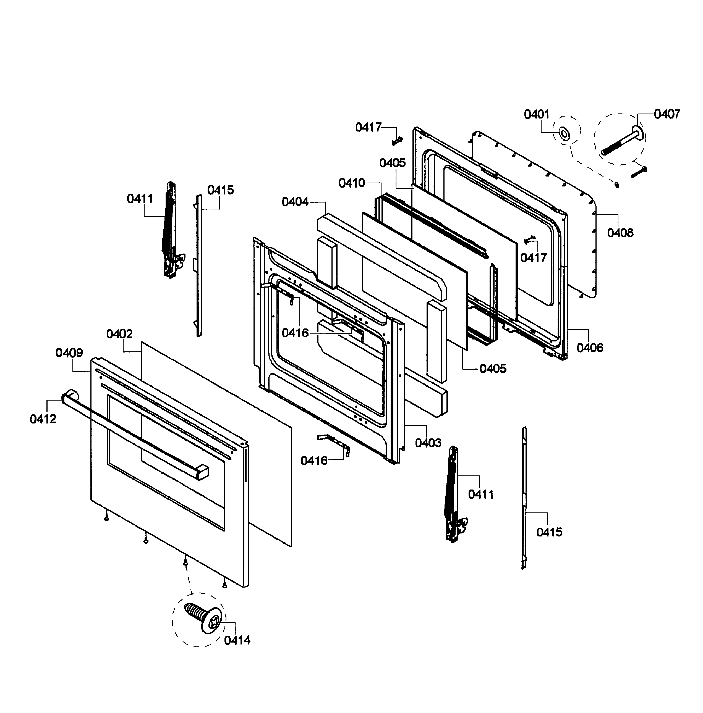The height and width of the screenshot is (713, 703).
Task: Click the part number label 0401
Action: click(x=537, y=114)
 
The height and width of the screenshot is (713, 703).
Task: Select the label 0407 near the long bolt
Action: click(x=667, y=114)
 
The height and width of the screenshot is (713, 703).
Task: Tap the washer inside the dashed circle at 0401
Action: click(x=563, y=133)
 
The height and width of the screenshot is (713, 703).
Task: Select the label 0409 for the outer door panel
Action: click(x=69, y=353)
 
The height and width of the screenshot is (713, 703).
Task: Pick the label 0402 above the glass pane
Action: click(x=119, y=334)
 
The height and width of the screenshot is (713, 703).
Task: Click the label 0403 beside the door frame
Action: click(x=428, y=443)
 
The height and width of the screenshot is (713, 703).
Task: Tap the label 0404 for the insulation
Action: click(x=295, y=202)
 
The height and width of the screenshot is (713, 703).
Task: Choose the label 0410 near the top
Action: click(x=352, y=183)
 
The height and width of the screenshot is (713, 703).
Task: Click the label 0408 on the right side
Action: click(x=620, y=233)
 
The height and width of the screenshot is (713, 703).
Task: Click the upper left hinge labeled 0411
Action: click(x=169, y=229)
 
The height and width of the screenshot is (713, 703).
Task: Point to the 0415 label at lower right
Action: click(x=549, y=532)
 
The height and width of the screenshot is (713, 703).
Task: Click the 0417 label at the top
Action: click(x=368, y=127)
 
